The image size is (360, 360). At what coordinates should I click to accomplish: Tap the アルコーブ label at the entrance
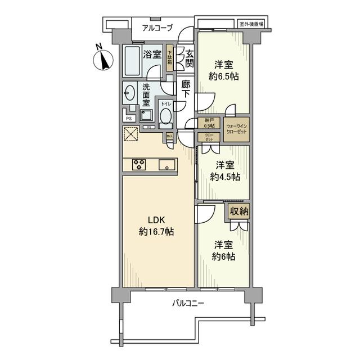coord(157,28)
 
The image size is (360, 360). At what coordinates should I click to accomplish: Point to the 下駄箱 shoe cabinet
coord(169,58)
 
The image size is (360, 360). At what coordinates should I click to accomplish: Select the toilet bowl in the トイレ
coord(166,115)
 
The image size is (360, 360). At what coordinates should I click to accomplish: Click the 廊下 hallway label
coord(186,89)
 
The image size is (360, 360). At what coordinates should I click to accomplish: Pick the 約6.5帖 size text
coord(223,76)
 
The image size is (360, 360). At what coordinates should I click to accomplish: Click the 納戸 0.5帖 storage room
coord(209,123)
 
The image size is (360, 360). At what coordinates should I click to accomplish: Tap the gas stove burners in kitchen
coord(139,164)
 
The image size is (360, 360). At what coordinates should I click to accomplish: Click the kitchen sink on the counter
coord(166,165)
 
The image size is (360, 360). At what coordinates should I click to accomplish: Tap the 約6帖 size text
coord(223,256)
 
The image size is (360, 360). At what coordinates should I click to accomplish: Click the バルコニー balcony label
coord(188,304)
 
